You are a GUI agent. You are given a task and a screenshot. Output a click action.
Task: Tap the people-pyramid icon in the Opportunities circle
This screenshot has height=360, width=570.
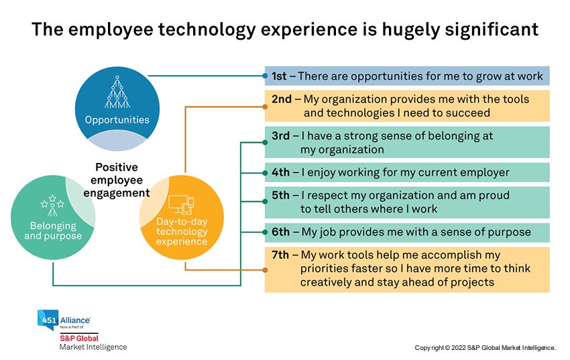pos(117,92)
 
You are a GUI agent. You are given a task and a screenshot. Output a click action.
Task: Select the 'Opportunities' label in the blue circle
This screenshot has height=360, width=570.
pos(117,120)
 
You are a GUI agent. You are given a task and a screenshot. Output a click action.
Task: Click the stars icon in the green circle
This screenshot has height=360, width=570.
pos(52,205)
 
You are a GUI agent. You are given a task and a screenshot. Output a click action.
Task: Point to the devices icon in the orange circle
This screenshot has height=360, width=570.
pos(182,204)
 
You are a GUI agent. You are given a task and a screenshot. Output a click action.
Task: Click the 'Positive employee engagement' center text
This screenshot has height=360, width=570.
pos(117,180)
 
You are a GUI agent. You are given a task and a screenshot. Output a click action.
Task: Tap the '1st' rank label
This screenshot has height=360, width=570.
pos(279,76)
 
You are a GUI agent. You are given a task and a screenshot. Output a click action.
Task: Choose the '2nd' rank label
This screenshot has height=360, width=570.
pos(282,99)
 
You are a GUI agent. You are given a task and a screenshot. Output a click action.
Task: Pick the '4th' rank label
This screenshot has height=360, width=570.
pos(280,172)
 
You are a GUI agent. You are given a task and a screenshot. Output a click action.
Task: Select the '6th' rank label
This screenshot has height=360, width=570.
pos(280,232)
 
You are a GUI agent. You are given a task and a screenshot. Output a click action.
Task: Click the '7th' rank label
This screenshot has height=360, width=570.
pos(280,255)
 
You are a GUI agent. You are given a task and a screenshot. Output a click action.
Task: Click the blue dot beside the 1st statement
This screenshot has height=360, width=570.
pos(265,76)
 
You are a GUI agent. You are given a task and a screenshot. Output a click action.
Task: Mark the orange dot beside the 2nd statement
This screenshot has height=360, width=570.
pos(265,107)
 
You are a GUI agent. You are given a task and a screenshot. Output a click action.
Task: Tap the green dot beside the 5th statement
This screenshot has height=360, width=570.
pos(265,202)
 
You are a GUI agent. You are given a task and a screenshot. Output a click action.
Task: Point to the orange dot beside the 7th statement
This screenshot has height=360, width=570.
pos(265,270)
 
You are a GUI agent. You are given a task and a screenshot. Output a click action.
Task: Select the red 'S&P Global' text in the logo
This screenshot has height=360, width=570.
pos(79,338)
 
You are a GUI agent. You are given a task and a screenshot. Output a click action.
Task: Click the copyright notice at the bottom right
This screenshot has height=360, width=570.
pos(486,348)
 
